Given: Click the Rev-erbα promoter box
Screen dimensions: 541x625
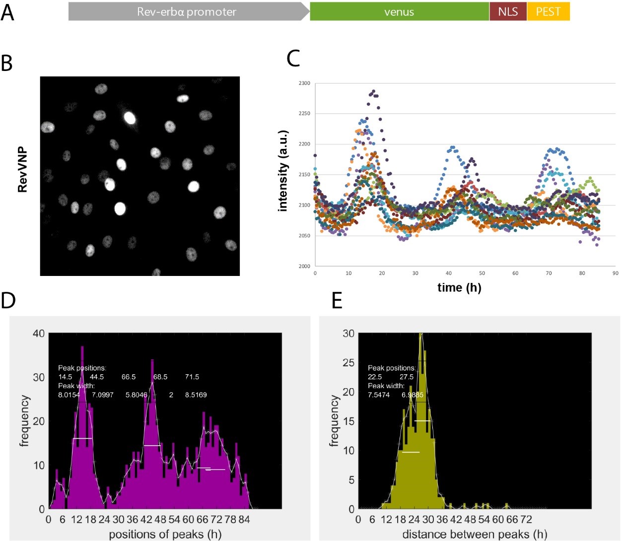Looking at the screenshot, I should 187,11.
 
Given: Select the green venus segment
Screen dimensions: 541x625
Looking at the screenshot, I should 399,11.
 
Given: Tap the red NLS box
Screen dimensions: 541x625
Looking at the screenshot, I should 508,11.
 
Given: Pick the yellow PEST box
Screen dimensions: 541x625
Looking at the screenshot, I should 548,11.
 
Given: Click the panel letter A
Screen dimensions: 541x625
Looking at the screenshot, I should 7,12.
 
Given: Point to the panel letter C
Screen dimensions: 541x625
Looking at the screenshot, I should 293,59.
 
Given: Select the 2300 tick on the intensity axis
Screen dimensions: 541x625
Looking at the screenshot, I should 304,83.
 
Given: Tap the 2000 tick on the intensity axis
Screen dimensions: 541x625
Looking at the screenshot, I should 304,266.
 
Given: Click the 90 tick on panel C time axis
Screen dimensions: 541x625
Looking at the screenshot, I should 616,273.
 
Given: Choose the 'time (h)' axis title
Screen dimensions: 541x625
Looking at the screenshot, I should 459,287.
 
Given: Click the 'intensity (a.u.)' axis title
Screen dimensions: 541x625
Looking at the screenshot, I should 283,171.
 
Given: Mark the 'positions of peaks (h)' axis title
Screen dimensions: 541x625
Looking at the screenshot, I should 165,534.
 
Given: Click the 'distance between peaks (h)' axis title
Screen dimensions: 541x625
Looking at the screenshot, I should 475,534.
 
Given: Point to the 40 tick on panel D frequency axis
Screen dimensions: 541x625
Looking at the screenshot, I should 39,334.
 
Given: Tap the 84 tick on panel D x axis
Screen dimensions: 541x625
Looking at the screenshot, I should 244,520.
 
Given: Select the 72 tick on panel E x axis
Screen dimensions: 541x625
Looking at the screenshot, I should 526,520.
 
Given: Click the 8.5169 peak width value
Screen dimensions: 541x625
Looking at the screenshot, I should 196,395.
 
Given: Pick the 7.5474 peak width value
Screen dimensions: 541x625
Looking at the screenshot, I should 379,395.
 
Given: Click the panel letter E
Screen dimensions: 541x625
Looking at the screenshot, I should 337,301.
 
